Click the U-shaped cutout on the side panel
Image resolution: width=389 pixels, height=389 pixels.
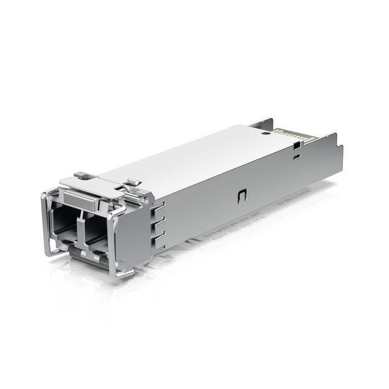(243, 196)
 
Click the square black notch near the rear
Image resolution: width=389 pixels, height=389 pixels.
(296, 146)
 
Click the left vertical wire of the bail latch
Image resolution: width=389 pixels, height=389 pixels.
(44, 222)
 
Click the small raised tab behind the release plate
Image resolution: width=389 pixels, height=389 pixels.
(132, 181)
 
